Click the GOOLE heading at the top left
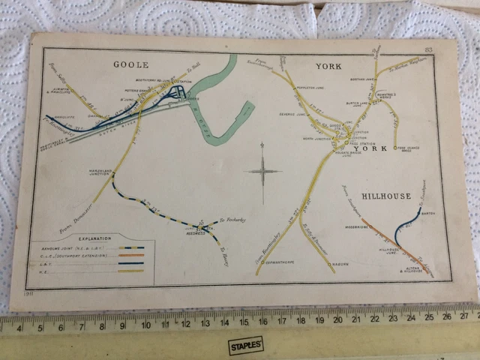pyautogui.click(x=130, y=64)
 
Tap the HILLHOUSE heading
pyautogui.click(x=386, y=196)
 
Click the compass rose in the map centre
pyautogui.click(x=262, y=171)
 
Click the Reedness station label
pyautogui.click(x=196, y=234)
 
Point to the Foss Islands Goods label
pyautogui.click(x=431, y=151)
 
